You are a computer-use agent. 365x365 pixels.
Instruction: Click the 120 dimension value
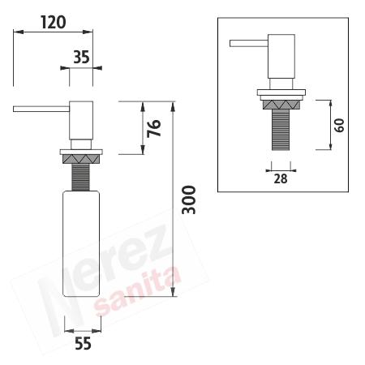[x=53, y=22]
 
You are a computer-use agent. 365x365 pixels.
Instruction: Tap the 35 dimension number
[x=81, y=57]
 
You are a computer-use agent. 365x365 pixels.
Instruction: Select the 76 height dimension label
[x=154, y=128]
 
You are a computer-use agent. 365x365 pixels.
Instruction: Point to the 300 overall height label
[x=189, y=200]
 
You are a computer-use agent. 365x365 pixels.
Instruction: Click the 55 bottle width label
[x=83, y=344]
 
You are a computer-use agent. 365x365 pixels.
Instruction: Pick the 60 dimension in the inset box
[x=339, y=125]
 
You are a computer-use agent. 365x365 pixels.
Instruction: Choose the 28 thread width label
[x=281, y=178]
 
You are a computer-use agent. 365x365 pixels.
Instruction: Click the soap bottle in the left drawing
[x=81, y=243]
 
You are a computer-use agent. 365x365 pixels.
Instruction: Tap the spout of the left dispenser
[x=41, y=109]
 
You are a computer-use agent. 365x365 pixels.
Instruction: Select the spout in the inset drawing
[x=249, y=43]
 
